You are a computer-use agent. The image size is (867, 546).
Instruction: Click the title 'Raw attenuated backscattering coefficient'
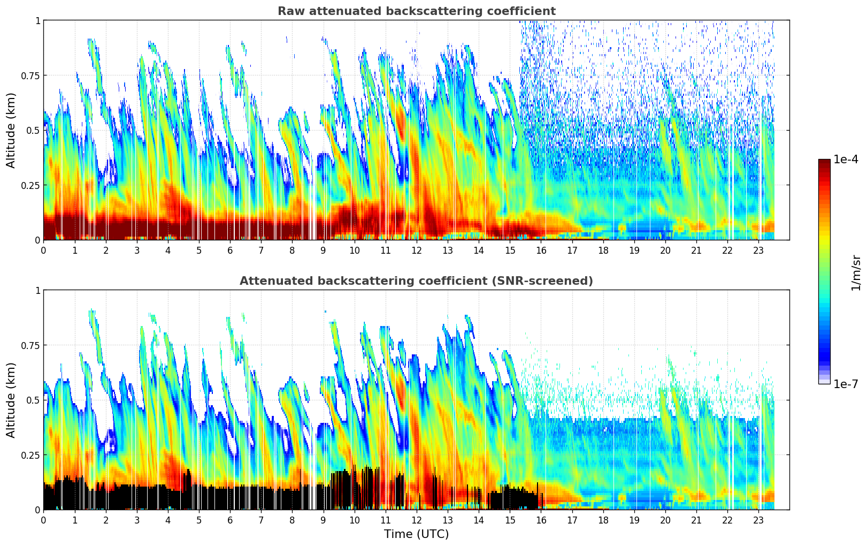point(416,11)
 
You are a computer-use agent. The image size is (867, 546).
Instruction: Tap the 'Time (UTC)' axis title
point(416,534)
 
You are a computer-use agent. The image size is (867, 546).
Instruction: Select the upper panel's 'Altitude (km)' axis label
point(11,130)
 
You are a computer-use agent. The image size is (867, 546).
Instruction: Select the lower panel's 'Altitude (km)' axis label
point(11,400)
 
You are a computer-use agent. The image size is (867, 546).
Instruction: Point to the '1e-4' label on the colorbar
point(846,160)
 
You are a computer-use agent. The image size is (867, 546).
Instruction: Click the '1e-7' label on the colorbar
point(846,384)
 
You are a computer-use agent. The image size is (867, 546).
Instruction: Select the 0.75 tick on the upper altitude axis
point(30,75)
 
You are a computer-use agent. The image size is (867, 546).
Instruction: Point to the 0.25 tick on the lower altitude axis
point(30,455)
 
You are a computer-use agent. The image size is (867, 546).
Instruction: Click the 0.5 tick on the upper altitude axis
point(33,131)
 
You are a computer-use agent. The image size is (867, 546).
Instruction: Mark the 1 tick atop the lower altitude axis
point(37,290)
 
